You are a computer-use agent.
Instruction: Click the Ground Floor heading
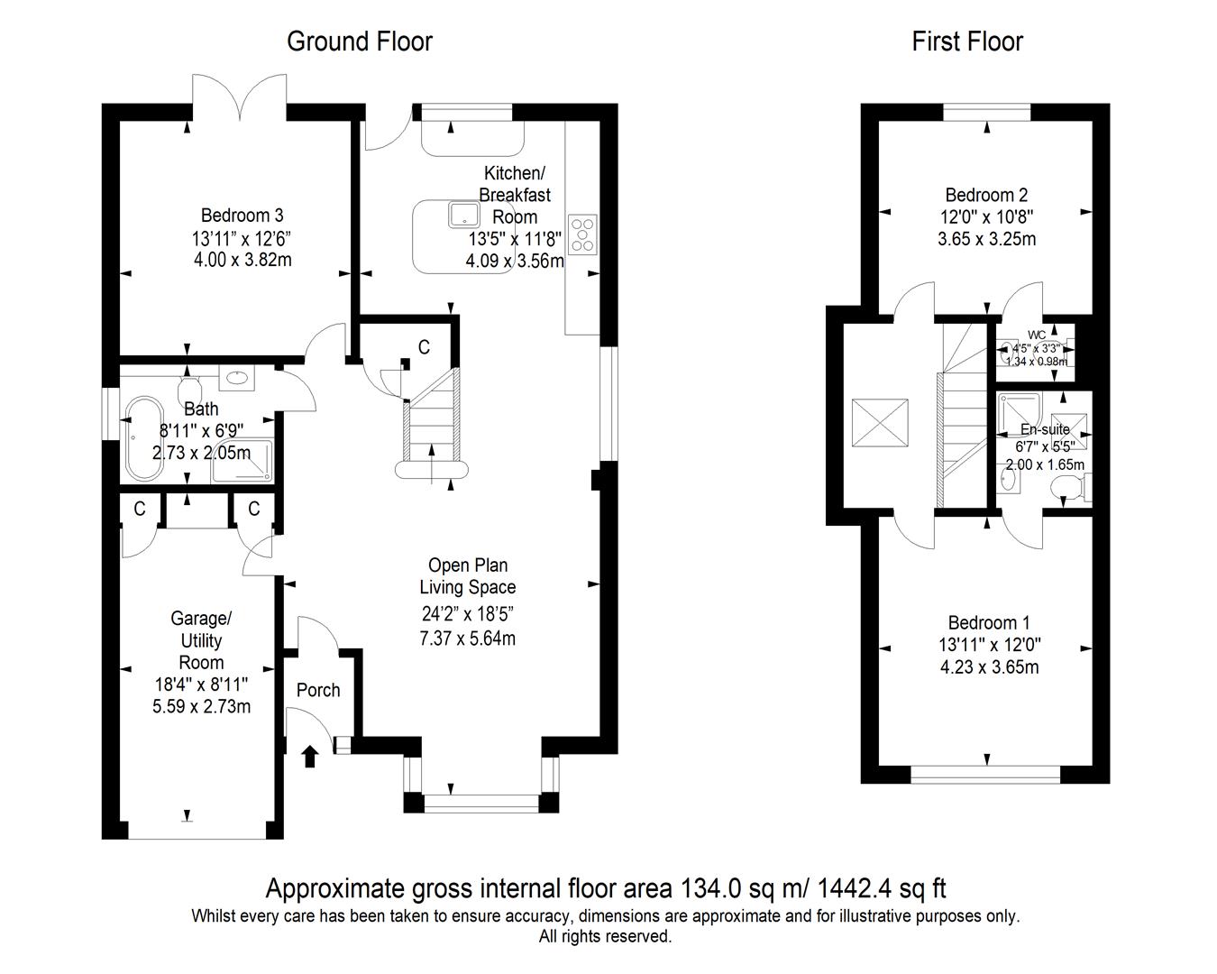[359, 41]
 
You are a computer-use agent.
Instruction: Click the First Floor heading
[967, 41]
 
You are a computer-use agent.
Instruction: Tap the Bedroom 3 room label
[242, 216]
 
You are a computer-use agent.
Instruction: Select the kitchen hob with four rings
[582, 232]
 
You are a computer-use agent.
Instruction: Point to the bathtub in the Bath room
[142, 439]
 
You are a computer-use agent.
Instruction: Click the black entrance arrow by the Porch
[309, 755]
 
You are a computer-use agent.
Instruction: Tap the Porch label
[318, 690]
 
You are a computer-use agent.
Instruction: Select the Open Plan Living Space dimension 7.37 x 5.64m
[467, 639]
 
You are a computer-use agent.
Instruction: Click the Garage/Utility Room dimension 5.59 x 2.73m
[201, 706]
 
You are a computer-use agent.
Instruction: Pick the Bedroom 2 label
[986, 195]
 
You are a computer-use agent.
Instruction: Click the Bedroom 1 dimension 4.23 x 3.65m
[989, 667]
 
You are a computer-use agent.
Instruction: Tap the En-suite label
[1045, 430]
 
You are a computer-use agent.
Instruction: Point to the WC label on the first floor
[1037, 335]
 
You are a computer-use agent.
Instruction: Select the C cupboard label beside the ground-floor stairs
[424, 347]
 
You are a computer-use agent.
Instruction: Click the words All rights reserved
[605, 937]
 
